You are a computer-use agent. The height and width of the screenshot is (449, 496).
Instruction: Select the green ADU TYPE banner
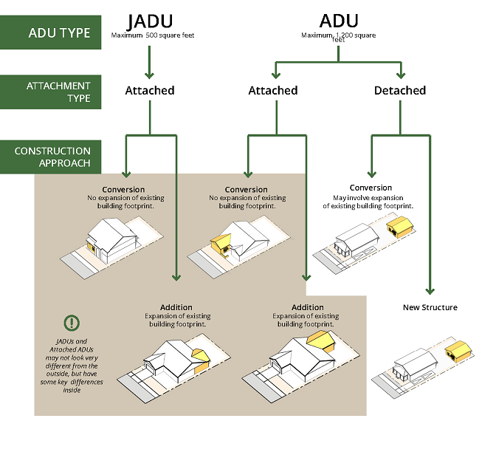point(49,32)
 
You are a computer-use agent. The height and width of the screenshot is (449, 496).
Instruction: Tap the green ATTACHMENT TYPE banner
point(49,92)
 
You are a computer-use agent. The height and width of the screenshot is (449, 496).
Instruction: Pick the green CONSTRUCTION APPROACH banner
point(49,157)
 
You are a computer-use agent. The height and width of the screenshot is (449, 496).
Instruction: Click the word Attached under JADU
point(150,90)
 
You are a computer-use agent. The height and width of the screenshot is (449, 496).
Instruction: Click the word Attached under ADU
point(273,90)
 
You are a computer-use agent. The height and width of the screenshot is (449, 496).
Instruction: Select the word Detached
point(400,90)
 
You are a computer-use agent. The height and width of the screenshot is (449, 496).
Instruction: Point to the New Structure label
point(430,307)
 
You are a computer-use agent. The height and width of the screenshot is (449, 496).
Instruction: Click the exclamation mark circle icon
point(71,323)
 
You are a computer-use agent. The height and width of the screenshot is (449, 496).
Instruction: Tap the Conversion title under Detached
point(371,188)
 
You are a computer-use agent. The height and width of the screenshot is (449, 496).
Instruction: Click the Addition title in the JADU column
point(176,306)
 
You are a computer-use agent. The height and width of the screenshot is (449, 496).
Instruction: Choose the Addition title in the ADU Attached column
point(307,306)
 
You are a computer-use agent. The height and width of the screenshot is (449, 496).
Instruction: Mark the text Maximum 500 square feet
point(153,35)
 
